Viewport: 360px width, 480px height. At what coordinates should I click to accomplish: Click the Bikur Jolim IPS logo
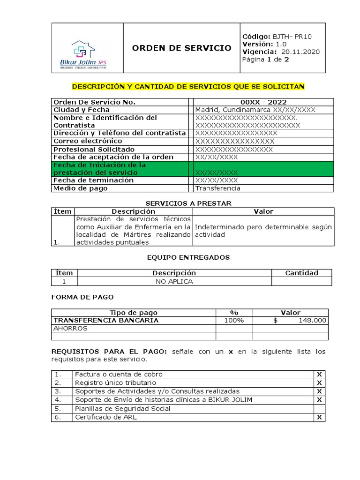[x=87, y=54]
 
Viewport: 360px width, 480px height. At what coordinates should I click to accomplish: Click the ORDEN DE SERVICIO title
[x=181, y=48]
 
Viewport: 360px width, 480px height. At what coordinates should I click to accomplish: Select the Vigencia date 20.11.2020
[x=300, y=52]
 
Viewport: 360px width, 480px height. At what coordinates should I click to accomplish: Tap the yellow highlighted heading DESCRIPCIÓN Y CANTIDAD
[x=188, y=87]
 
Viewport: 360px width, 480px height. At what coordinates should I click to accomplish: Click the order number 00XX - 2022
[x=263, y=102]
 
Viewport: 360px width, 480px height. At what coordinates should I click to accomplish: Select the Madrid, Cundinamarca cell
[x=255, y=110]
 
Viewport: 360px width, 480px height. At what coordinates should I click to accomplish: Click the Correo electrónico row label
[x=88, y=141]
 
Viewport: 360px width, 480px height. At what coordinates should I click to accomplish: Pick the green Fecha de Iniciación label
[x=99, y=169]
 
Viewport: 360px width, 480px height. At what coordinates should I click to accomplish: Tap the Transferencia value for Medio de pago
[x=217, y=188]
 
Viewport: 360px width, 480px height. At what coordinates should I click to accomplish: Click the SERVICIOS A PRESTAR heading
[x=188, y=203]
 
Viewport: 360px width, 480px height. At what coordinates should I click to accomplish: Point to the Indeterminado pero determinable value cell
[x=263, y=231]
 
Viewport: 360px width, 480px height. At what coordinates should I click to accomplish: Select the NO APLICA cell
[x=174, y=282]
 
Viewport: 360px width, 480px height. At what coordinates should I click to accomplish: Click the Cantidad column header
[x=301, y=273]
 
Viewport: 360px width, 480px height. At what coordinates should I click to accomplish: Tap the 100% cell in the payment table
[x=234, y=321]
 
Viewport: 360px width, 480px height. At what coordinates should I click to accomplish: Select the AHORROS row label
[x=70, y=329]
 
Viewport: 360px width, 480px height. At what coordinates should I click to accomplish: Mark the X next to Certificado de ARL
[x=319, y=417]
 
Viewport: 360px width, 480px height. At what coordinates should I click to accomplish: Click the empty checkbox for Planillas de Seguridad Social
[x=319, y=409]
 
